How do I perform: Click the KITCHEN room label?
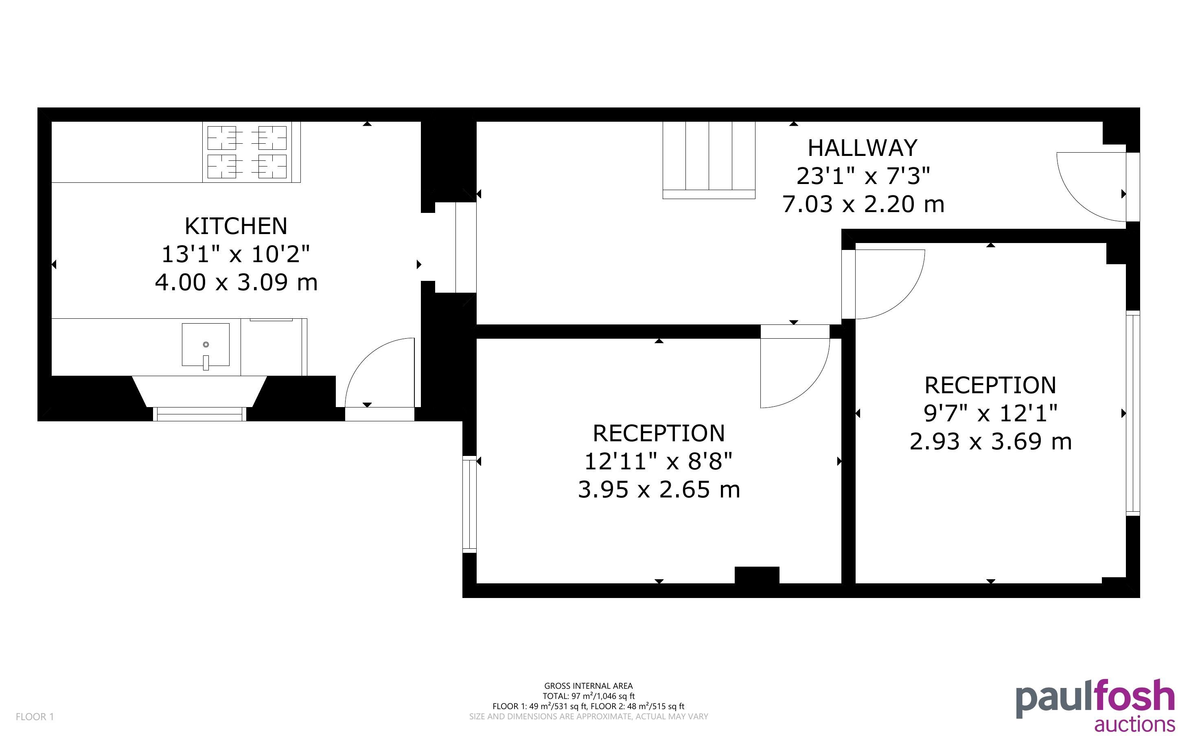(236, 226)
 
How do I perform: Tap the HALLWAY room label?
(863, 148)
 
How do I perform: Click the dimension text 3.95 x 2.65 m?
(659, 489)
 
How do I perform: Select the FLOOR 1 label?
(35, 716)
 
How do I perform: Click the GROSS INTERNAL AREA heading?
(588, 686)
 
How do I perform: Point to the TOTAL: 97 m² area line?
(588, 696)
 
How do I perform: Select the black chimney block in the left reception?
(757, 575)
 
